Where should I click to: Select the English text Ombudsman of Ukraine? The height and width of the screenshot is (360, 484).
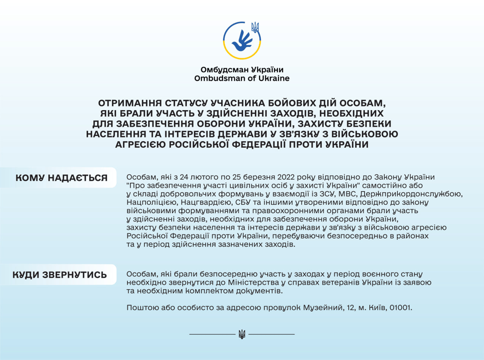(x=242, y=78)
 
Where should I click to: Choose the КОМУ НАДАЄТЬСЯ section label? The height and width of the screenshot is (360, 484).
(x=61, y=178)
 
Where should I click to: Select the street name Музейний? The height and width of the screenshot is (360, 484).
(x=323, y=308)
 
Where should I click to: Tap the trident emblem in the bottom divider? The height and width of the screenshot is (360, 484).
(x=242, y=334)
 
